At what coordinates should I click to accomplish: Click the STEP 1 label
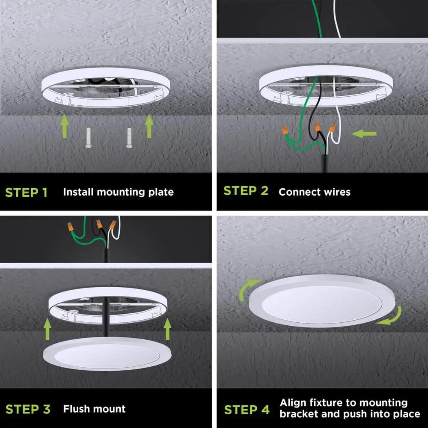point(27,193)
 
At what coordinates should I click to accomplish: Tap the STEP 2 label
point(246,191)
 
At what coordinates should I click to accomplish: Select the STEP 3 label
point(28,409)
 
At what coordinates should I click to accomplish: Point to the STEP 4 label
point(247,410)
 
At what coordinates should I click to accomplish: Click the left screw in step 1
point(89,138)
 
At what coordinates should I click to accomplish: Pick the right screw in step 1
point(129,138)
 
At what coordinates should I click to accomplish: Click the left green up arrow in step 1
point(65,126)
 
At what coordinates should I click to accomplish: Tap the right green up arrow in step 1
point(149,126)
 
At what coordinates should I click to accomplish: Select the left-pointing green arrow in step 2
point(364,134)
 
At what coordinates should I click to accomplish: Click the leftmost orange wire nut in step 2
point(285,129)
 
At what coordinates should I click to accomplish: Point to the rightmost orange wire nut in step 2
point(332,128)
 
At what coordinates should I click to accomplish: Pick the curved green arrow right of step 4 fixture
point(393,318)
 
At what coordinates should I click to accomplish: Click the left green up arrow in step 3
point(48,329)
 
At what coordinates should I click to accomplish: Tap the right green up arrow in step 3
point(167,329)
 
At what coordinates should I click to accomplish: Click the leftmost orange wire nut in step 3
point(71,226)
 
